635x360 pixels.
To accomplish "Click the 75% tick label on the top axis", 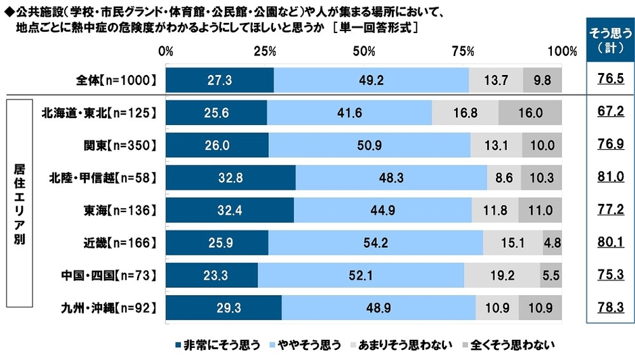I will point(463,51).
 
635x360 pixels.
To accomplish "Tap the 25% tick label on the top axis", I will point(265,51).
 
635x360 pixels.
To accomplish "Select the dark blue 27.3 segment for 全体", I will point(220,80).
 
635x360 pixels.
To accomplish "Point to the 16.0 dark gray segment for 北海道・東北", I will point(530,113).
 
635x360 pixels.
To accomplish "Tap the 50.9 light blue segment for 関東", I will point(370,145).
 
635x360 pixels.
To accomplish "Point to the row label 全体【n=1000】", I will point(116,80).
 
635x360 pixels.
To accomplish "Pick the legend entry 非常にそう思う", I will point(218,345).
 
